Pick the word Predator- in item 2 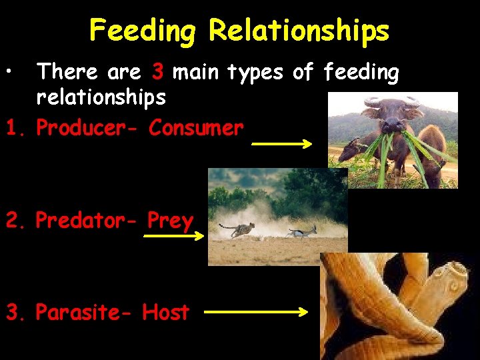88,220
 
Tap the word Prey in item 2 171,220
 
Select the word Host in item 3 166,312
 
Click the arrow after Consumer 281,143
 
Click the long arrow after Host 255,311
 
